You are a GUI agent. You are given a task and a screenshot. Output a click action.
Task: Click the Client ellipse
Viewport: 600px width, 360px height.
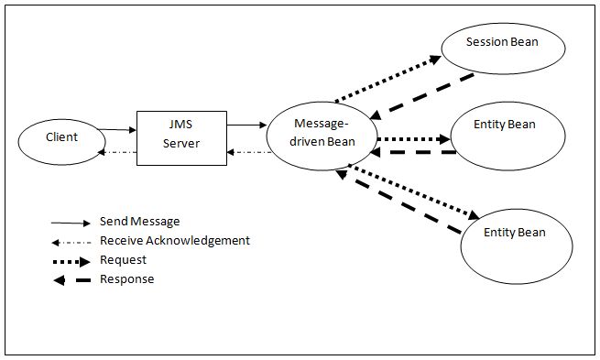[x=61, y=138]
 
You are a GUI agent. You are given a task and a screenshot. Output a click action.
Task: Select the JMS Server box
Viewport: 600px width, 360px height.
[x=180, y=138]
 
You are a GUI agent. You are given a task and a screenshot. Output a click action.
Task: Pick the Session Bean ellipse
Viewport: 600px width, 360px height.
[x=500, y=43]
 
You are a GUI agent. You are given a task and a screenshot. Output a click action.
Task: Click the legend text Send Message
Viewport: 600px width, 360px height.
[x=140, y=222]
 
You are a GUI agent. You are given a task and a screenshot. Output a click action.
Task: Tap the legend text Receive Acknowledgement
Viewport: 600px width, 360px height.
[x=174, y=241]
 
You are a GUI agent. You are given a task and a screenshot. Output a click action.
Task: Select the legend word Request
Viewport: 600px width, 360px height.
[x=122, y=260]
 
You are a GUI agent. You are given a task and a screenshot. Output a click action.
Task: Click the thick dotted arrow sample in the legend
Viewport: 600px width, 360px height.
[x=73, y=260]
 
